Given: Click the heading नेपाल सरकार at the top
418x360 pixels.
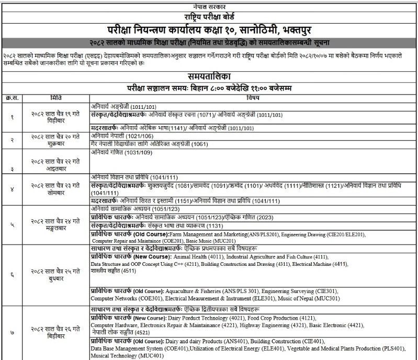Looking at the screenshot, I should (x=209, y=4).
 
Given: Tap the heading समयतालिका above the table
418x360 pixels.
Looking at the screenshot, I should (x=209, y=76).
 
